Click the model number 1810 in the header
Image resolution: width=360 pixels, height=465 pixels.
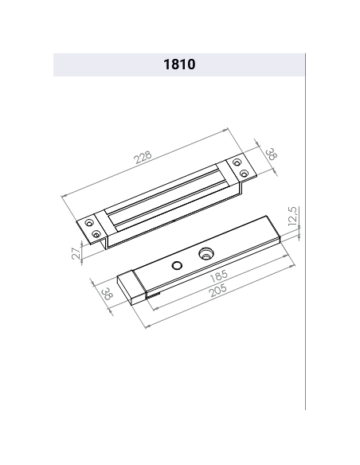coord(179,65)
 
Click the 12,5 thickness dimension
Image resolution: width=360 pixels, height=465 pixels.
coord(292,217)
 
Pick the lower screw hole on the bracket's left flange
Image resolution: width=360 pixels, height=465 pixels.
coord(97,235)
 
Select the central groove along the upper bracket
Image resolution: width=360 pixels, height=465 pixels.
coord(167,199)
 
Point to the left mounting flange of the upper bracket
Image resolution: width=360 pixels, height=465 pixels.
coord(93,229)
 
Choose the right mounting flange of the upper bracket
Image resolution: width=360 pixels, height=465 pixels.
coord(238,170)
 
